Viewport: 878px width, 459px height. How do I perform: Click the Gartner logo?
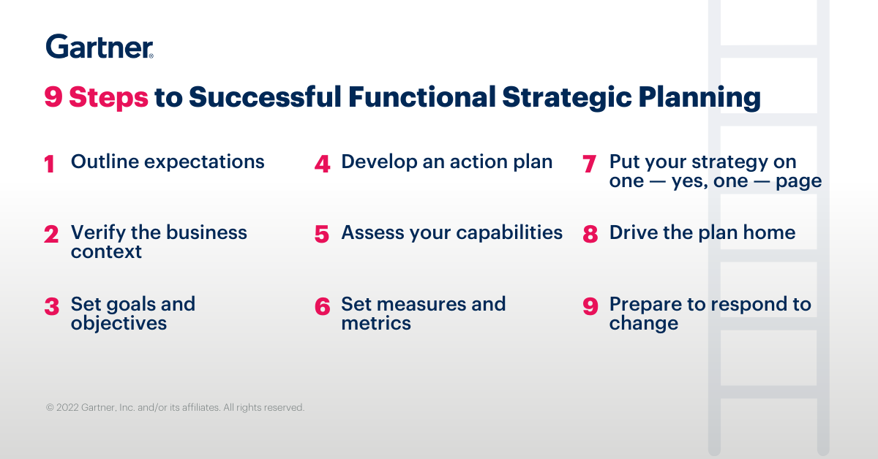click(100, 46)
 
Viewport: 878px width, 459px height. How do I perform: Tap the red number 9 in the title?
click(53, 96)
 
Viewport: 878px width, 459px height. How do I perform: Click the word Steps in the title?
click(108, 97)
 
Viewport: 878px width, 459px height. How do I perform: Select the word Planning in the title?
click(699, 97)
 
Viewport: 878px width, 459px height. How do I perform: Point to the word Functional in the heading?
click(422, 96)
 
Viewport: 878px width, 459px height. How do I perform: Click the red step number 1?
click(50, 164)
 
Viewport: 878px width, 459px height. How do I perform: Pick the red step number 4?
click(322, 164)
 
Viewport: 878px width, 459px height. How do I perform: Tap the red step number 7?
click(590, 164)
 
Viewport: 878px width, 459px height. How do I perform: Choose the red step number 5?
click(322, 234)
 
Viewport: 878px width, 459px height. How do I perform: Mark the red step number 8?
click(590, 234)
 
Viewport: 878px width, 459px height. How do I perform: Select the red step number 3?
click(52, 306)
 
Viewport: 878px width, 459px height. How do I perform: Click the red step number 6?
click(322, 306)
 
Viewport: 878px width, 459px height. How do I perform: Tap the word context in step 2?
click(106, 252)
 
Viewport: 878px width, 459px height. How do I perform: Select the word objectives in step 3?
click(119, 324)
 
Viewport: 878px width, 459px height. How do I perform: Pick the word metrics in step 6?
click(376, 324)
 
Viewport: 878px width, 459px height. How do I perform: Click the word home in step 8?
click(770, 232)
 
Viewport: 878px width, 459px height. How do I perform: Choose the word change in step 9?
click(644, 324)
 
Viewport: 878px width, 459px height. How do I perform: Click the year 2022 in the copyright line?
click(67, 408)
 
